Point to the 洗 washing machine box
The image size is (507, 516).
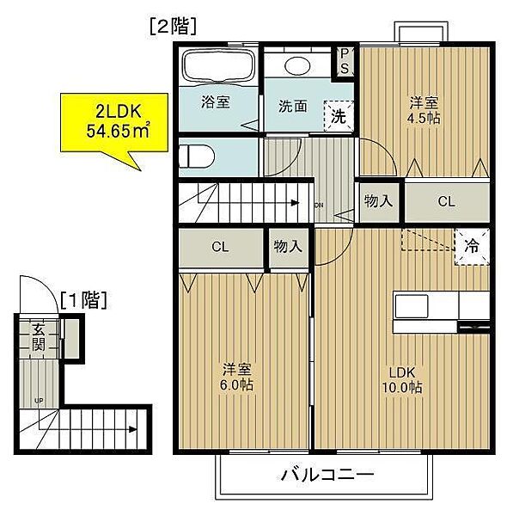[339, 116]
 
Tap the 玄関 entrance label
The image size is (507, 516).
[38, 336]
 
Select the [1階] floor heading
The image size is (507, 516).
[83, 299]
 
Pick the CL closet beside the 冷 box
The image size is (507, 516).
[445, 203]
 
